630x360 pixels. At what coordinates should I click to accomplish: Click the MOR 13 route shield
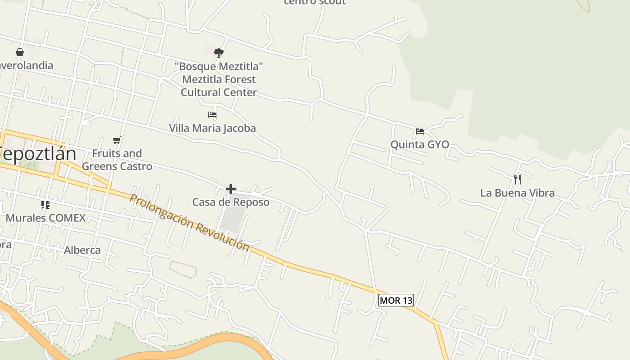pos(396,300)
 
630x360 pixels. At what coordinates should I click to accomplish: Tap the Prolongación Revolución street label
pos(189,222)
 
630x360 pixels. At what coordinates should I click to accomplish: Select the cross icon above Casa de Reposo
pos(231,189)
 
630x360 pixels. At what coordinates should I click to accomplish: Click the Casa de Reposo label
pos(231,202)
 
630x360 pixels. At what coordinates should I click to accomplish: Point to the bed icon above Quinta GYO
pos(420,131)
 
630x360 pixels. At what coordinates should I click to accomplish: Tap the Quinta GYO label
pos(419,144)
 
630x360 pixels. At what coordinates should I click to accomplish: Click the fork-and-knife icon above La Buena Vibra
pos(517,180)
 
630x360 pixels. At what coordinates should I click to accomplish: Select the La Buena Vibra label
pos(517,193)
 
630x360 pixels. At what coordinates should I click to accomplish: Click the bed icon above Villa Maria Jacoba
pos(212,115)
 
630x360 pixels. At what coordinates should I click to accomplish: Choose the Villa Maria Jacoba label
pos(212,128)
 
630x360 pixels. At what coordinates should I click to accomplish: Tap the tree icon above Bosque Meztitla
pos(219,53)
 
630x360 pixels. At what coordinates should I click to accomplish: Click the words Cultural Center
pos(219,92)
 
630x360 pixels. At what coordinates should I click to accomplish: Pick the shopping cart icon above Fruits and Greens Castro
pos(117,140)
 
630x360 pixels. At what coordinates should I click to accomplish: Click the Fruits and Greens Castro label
pos(117,160)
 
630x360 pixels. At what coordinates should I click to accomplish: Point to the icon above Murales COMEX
pos(45,205)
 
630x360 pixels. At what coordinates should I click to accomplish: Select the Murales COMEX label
pos(45,218)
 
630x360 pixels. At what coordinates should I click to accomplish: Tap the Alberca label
pos(82,250)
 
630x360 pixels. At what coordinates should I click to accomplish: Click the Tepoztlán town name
pos(39,154)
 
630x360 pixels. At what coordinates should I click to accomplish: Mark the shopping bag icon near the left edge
pos(20,52)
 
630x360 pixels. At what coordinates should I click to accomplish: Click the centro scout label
pos(315,2)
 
